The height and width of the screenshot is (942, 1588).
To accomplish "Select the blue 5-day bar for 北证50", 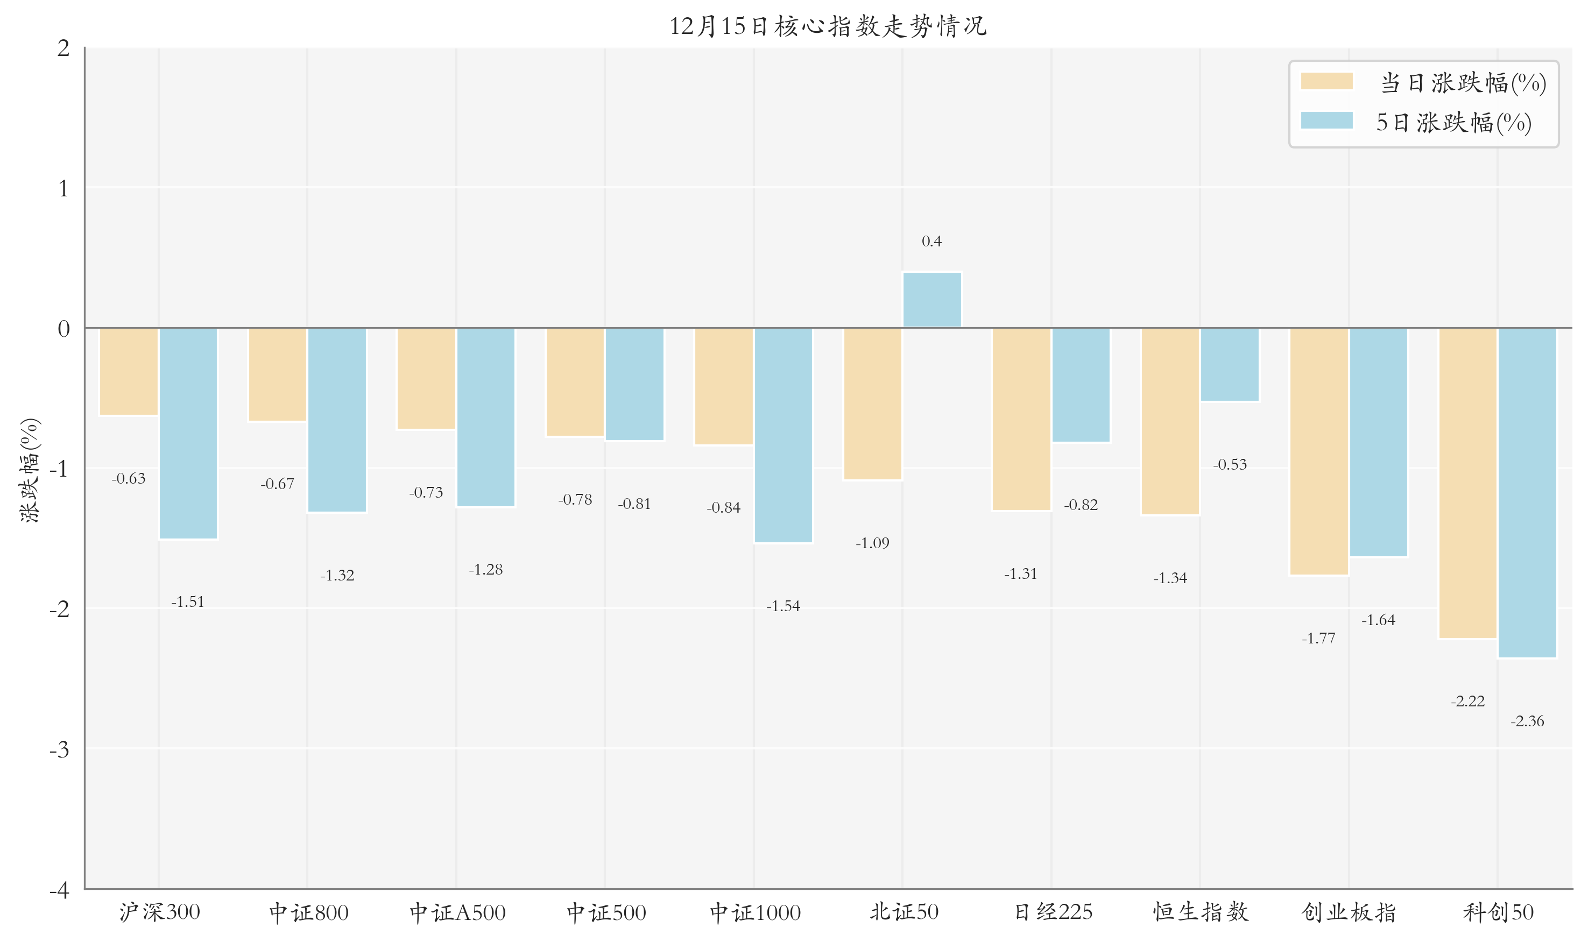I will [x=931, y=300].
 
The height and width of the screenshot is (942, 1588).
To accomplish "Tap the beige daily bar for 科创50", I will [x=1467, y=483].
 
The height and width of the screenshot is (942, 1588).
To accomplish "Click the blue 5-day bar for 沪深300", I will [x=188, y=434].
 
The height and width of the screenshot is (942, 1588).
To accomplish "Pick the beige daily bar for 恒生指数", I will [x=1169, y=421].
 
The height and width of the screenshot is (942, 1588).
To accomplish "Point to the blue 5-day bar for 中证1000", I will [x=783, y=435].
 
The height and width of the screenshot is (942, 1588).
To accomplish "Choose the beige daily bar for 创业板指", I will [x=1319, y=451].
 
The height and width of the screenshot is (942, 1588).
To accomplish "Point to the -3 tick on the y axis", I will [x=60, y=749].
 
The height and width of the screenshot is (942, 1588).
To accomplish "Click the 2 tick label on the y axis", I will [x=63, y=48].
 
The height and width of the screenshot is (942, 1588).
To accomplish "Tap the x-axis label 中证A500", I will [x=457, y=913].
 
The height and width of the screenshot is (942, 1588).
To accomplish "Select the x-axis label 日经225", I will [x=1053, y=913].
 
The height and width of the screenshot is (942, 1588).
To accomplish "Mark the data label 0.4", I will [x=931, y=241].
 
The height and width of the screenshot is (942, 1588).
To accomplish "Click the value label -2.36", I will [x=1527, y=721].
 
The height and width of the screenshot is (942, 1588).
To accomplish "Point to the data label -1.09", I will [x=872, y=543].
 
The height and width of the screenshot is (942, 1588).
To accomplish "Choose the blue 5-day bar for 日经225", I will [x=1081, y=385].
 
